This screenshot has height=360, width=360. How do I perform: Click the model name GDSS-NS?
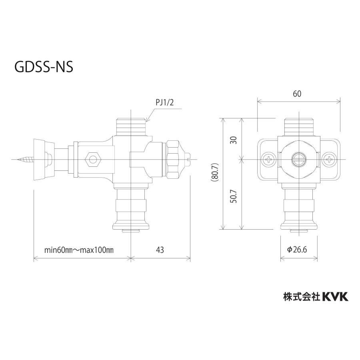point(44,67)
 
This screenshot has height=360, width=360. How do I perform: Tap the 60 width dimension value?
point(297,94)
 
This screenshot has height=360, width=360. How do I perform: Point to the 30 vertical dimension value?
point(234,140)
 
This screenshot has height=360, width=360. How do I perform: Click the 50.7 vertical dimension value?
point(234,196)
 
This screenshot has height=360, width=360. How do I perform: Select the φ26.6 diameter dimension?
point(297,250)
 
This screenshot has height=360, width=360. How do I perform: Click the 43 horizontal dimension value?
point(160,250)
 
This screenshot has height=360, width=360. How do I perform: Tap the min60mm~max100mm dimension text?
point(79,250)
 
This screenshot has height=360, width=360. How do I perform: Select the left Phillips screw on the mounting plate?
point(268,159)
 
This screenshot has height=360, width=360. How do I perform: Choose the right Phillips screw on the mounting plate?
point(329,159)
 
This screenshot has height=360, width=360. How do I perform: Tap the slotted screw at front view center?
point(298,159)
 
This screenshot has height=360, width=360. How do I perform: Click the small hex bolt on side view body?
point(94,160)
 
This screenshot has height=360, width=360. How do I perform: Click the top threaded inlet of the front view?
point(298,126)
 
